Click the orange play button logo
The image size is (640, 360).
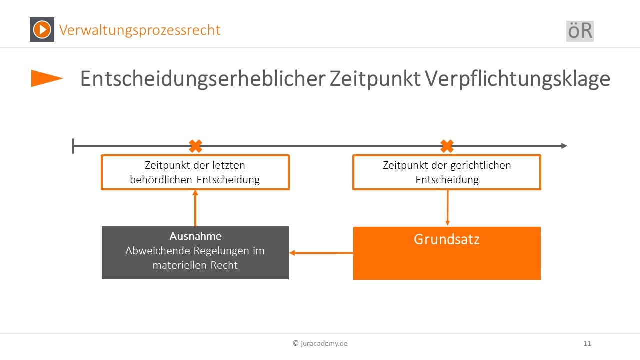(42, 29)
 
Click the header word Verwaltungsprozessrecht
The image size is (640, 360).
(139, 30)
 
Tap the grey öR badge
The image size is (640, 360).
(580, 31)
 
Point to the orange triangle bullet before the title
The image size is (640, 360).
(47, 78)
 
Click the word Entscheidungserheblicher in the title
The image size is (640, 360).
(203, 79)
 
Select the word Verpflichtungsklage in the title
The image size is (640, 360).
(517, 79)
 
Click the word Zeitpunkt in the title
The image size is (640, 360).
(375, 79)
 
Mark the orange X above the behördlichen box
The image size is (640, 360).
(195, 146)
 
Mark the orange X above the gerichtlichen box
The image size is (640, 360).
(447, 146)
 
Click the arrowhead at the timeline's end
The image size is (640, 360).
(564, 146)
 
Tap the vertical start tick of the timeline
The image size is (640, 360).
(73, 146)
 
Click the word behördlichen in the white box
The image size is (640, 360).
(161, 180)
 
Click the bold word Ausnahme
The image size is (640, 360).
(195, 236)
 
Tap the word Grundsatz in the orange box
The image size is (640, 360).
(447, 239)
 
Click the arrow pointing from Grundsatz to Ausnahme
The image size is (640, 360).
(321, 253)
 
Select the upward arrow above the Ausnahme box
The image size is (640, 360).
(195, 208)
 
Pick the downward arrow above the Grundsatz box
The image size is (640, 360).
(447, 208)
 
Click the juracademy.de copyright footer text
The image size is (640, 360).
(320, 343)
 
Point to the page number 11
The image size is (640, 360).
(587, 343)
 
